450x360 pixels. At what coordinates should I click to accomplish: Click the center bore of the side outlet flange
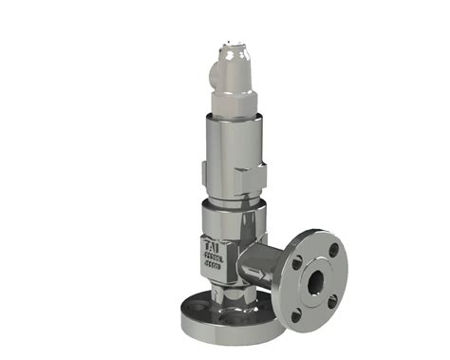click(315, 282)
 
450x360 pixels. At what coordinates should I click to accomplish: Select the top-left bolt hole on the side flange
click(297, 262)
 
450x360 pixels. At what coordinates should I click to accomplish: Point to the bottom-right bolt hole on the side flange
click(332, 301)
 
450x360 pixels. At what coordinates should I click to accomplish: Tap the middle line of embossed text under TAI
click(213, 256)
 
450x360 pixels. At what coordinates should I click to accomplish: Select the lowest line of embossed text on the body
click(214, 267)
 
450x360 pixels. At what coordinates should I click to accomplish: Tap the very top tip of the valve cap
click(234, 42)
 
